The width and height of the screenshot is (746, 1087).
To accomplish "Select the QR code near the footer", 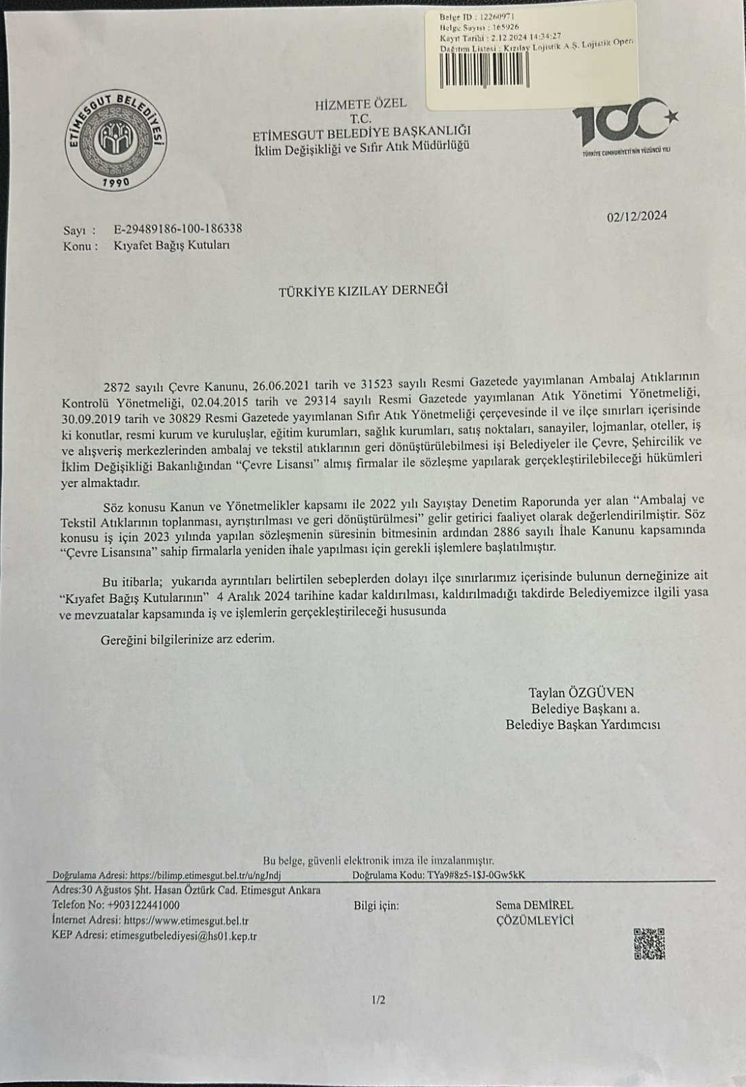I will [x=649, y=944].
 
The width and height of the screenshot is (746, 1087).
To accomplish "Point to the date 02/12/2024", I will [x=637, y=216].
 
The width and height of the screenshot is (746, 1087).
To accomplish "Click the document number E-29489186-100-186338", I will [x=178, y=229].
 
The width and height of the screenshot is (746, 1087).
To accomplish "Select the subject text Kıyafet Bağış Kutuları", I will [x=172, y=245].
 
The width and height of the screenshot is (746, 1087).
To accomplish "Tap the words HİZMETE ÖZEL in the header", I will [x=360, y=104].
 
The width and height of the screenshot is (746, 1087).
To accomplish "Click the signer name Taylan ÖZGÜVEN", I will [x=581, y=692].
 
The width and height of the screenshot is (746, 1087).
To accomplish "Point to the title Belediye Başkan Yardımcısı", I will [x=582, y=725].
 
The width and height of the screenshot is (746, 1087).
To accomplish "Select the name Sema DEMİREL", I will [x=534, y=905].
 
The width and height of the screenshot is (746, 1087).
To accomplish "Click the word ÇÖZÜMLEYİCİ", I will [x=535, y=921].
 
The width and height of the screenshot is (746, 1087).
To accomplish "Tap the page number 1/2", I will [x=378, y=1000].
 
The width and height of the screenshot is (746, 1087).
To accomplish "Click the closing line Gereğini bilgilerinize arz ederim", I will [x=188, y=639].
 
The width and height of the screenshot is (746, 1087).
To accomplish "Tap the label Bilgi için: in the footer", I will [x=376, y=906].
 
